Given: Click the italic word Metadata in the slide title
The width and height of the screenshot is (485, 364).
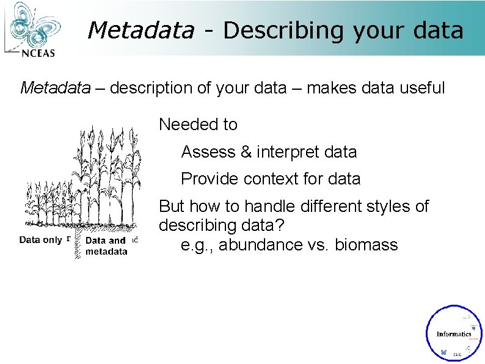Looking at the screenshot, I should pyautogui.click(x=140, y=30).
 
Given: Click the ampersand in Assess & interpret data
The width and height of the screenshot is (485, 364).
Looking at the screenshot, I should pyautogui.click(x=246, y=151).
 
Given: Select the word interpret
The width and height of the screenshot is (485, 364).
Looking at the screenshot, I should pyautogui.click(x=286, y=152).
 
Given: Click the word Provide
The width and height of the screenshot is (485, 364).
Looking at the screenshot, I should pyautogui.click(x=210, y=179).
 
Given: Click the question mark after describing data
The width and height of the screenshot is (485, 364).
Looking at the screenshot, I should pyautogui.click(x=280, y=226).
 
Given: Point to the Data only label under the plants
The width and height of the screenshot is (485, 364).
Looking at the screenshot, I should pyautogui.click(x=40, y=240).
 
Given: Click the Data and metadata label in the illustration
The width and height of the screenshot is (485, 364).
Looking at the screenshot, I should pyautogui.click(x=106, y=246).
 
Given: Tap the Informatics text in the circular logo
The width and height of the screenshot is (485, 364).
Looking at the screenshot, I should pyautogui.click(x=453, y=334).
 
